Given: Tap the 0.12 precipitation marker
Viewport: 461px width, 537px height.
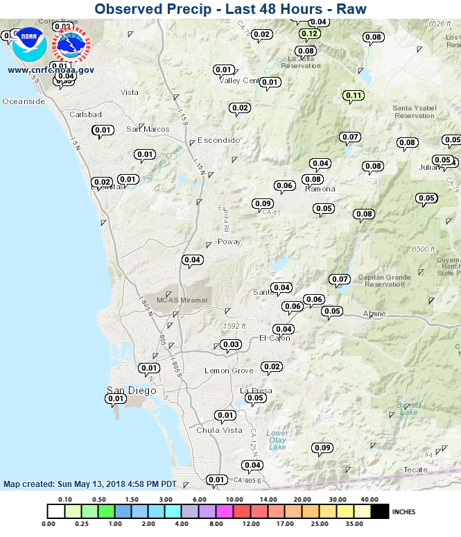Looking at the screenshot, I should [310, 33].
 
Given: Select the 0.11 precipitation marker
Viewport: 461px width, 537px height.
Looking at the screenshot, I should [354, 95].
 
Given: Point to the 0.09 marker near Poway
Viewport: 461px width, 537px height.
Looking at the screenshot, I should [263, 203].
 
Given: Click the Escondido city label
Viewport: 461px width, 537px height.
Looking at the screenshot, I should [219, 140].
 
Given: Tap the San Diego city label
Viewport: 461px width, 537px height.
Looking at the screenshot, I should [131, 391].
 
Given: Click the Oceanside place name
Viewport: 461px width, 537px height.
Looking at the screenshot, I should [24, 101].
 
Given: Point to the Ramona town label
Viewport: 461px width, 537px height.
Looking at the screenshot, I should [320, 189].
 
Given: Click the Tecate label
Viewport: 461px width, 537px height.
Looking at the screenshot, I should [416, 470].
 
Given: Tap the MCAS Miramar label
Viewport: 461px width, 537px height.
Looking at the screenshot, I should [182, 300].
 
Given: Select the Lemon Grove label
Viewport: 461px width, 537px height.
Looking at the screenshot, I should [229, 370].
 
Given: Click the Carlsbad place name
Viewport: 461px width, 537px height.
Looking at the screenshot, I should [86, 114].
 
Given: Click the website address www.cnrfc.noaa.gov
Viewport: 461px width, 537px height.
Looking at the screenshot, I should [51, 70].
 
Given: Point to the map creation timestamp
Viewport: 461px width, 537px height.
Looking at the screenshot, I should [90, 484].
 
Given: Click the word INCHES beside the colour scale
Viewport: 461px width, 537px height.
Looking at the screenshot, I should [403, 511].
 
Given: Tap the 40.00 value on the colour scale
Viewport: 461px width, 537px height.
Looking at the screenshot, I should [369, 500].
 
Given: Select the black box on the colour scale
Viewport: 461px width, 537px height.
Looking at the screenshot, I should [379, 511].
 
